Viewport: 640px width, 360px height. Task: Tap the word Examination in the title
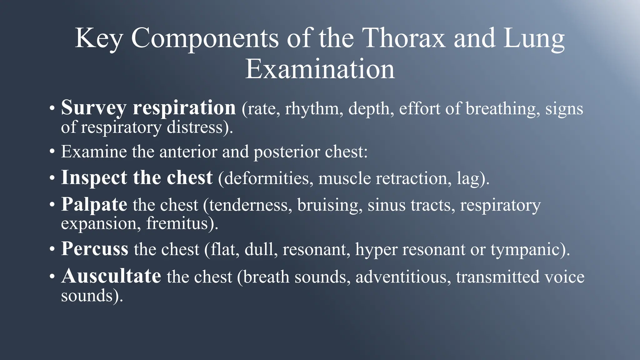(x=320, y=69)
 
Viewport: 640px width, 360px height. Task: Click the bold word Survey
(x=93, y=108)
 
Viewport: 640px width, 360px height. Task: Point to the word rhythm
(x=312, y=109)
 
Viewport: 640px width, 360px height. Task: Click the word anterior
(x=188, y=152)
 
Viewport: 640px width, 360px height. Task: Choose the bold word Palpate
(x=94, y=205)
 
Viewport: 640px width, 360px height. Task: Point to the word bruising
(x=330, y=205)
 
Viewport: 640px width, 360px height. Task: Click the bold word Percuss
(x=95, y=249)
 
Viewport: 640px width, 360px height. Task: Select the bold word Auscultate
(x=111, y=277)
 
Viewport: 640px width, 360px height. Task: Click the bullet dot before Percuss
(x=52, y=250)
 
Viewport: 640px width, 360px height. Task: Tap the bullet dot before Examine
(x=52, y=152)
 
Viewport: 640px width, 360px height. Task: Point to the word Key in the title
(x=99, y=39)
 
